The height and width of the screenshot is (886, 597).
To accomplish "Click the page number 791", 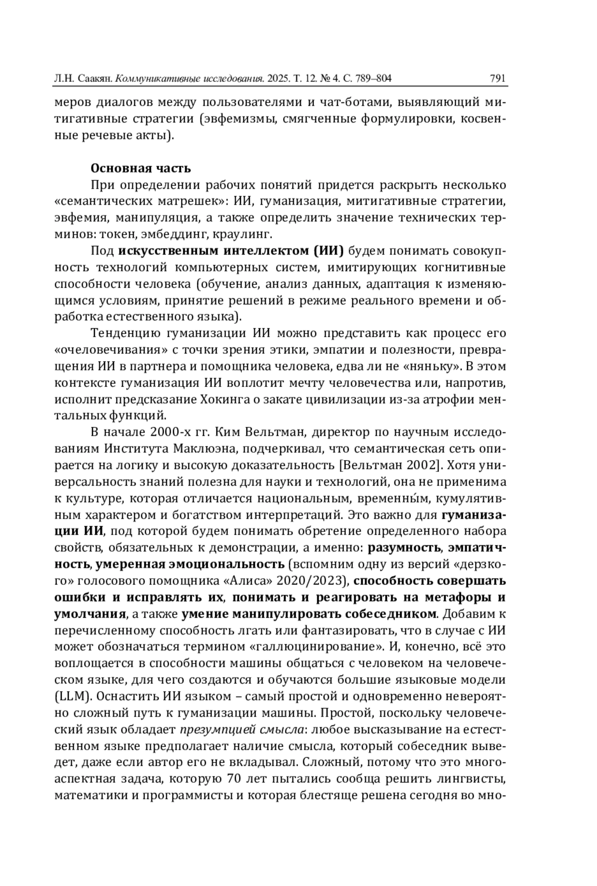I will [x=497, y=78].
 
